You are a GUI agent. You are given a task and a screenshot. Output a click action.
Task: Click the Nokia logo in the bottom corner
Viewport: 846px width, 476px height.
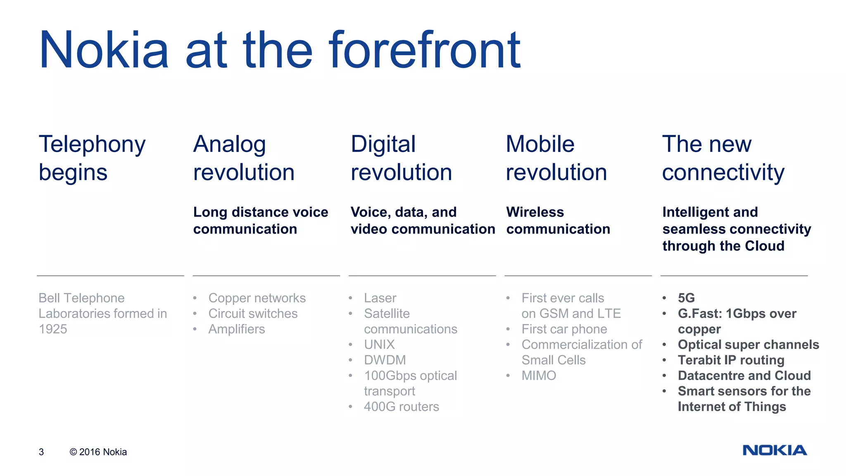click(x=775, y=450)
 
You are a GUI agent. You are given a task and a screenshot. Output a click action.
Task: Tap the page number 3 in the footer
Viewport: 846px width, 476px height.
click(x=41, y=452)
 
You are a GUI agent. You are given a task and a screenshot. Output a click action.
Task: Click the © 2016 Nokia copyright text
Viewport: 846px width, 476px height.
click(x=98, y=452)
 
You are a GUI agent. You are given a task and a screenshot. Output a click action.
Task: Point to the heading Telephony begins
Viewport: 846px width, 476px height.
click(x=92, y=158)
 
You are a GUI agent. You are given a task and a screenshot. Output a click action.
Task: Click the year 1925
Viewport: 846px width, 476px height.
click(x=53, y=329)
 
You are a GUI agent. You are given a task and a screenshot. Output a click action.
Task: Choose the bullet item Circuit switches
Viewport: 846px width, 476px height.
click(x=253, y=314)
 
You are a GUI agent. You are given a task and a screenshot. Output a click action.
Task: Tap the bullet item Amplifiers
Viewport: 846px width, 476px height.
click(x=236, y=329)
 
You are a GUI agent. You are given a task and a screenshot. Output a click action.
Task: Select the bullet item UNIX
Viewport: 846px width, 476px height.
click(x=379, y=345)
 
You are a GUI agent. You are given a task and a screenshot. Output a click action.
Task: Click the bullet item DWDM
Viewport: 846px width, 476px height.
click(x=385, y=360)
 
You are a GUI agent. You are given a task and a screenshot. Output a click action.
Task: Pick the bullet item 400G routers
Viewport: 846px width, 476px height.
click(x=401, y=407)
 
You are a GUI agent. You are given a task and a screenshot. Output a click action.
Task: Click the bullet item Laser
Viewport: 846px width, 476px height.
click(x=380, y=298)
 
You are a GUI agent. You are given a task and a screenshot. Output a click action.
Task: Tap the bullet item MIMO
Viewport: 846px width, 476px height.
click(x=539, y=376)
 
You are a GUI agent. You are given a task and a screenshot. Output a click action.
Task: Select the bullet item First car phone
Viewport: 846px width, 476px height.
click(x=564, y=329)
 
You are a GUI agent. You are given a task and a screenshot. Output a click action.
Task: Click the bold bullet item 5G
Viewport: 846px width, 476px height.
click(x=686, y=298)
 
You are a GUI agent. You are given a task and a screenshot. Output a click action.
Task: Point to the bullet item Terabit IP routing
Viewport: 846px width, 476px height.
click(x=731, y=360)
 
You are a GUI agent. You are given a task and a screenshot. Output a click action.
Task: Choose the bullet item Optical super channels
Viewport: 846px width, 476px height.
click(x=748, y=345)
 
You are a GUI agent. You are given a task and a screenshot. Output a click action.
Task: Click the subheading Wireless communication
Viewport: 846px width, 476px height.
click(x=558, y=221)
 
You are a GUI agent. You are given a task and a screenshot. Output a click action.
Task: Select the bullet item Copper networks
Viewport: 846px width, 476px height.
click(x=257, y=298)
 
